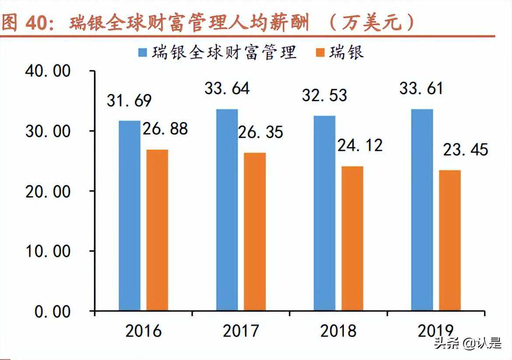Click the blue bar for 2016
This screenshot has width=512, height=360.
click(130, 215)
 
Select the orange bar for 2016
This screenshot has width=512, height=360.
click(157, 230)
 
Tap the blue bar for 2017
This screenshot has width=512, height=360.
click(227, 210)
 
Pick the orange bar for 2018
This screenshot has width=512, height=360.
click(352, 238)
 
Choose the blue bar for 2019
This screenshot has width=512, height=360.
click(422, 210)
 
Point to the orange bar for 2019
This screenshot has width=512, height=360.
click(450, 240)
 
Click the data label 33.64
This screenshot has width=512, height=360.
click(227, 88)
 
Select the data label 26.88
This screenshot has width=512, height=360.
click(165, 129)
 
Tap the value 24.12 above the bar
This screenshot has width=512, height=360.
click(360, 145)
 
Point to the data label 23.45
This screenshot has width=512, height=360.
click(465, 150)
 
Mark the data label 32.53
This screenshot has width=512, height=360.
click(324, 95)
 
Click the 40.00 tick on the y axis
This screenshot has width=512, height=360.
click(48, 71)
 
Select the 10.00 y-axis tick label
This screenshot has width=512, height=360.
click(48, 251)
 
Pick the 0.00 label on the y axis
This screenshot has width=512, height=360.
click(52, 311)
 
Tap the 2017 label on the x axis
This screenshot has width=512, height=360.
click(241, 332)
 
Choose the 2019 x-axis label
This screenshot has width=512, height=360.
click(436, 332)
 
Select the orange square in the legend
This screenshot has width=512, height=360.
click(320, 53)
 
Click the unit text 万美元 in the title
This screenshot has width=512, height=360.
click(371, 23)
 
